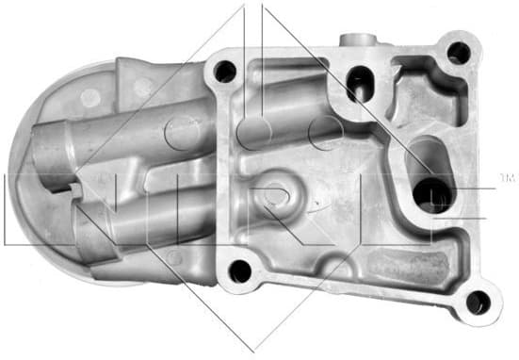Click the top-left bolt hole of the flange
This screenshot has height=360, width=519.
(224, 71)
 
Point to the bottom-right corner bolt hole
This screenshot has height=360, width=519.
(478, 302)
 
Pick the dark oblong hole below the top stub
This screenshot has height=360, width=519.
(359, 83)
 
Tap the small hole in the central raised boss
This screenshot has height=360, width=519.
(274, 194)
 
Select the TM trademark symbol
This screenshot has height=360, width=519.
(506, 176)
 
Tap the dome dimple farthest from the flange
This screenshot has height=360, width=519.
(89, 97)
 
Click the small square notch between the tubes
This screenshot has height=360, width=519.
(73, 188)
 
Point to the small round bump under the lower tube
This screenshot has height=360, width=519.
(173, 257)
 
